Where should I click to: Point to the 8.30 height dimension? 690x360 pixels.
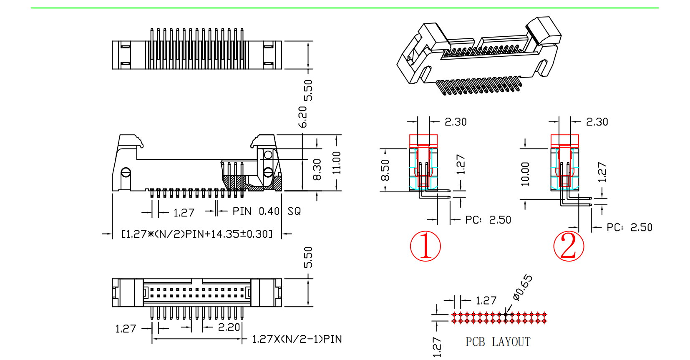(317, 169)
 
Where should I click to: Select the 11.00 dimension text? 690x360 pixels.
(337, 163)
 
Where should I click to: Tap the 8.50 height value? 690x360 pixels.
(385, 170)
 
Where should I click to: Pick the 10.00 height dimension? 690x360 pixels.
(525, 174)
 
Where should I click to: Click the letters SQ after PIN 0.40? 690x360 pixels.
(294, 211)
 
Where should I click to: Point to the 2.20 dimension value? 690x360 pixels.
(229, 327)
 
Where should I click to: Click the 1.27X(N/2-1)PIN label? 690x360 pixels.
(297, 339)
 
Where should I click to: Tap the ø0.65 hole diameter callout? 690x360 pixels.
(523, 287)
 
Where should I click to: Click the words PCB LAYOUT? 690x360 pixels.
(498, 342)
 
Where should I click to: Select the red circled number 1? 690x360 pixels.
(425, 246)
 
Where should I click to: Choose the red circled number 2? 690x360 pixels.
(568, 246)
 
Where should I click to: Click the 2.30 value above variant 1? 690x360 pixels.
(456, 122)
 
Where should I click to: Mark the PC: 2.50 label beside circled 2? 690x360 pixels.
(629, 227)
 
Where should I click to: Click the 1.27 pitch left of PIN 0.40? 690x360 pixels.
(184, 213)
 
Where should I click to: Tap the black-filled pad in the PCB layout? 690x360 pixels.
(506, 315)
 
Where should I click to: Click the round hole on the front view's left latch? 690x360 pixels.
(126, 172)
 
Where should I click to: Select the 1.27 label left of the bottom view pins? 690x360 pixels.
(126, 329)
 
